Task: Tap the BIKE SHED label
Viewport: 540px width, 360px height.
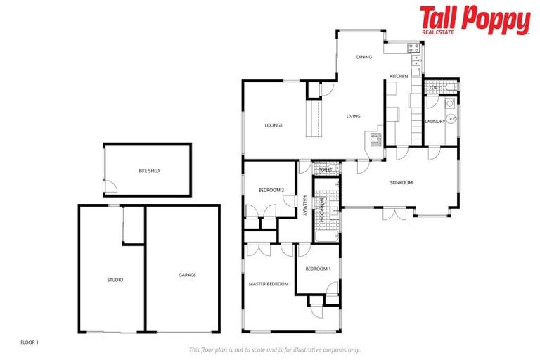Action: (x=147, y=171)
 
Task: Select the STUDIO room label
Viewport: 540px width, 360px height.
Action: (x=115, y=280)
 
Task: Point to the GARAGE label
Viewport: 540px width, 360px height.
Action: (x=187, y=275)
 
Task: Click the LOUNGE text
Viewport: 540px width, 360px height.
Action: (x=274, y=126)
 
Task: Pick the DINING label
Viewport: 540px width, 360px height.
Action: (x=364, y=58)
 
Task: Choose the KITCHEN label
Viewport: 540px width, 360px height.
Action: (x=399, y=76)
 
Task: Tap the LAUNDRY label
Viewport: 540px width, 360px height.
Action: (x=435, y=121)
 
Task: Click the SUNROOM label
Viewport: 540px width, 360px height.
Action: (x=401, y=183)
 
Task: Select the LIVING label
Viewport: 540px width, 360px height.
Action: (x=353, y=117)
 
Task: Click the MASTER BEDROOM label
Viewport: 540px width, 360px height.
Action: (x=269, y=284)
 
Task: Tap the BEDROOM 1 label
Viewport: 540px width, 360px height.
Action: (x=318, y=269)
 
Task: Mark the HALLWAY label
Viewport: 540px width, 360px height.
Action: (x=305, y=206)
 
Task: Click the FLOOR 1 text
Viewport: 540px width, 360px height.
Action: (x=29, y=342)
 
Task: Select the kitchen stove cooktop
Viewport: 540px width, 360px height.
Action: (x=413, y=49)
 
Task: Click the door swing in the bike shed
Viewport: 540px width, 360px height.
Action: (x=110, y=186)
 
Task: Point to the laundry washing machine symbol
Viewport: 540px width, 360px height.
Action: (x=449, y=103)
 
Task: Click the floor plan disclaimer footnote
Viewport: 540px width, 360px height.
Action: (x=274, y=349)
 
